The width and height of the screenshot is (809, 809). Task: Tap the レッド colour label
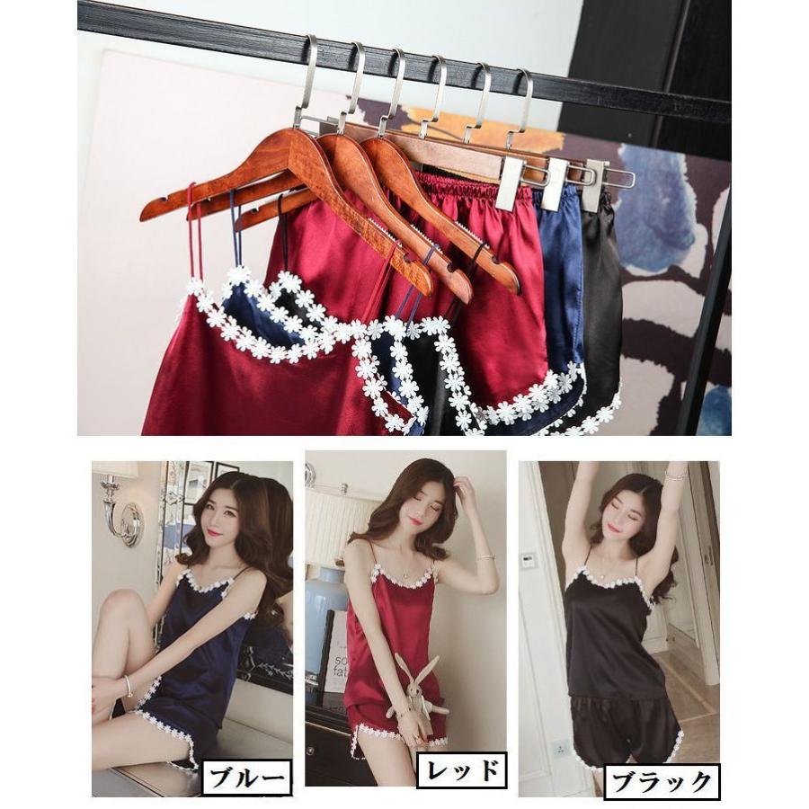462,770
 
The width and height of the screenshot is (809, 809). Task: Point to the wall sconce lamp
123,511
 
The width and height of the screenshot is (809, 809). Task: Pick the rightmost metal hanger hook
520,103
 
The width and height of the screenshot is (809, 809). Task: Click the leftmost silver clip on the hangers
510,183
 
